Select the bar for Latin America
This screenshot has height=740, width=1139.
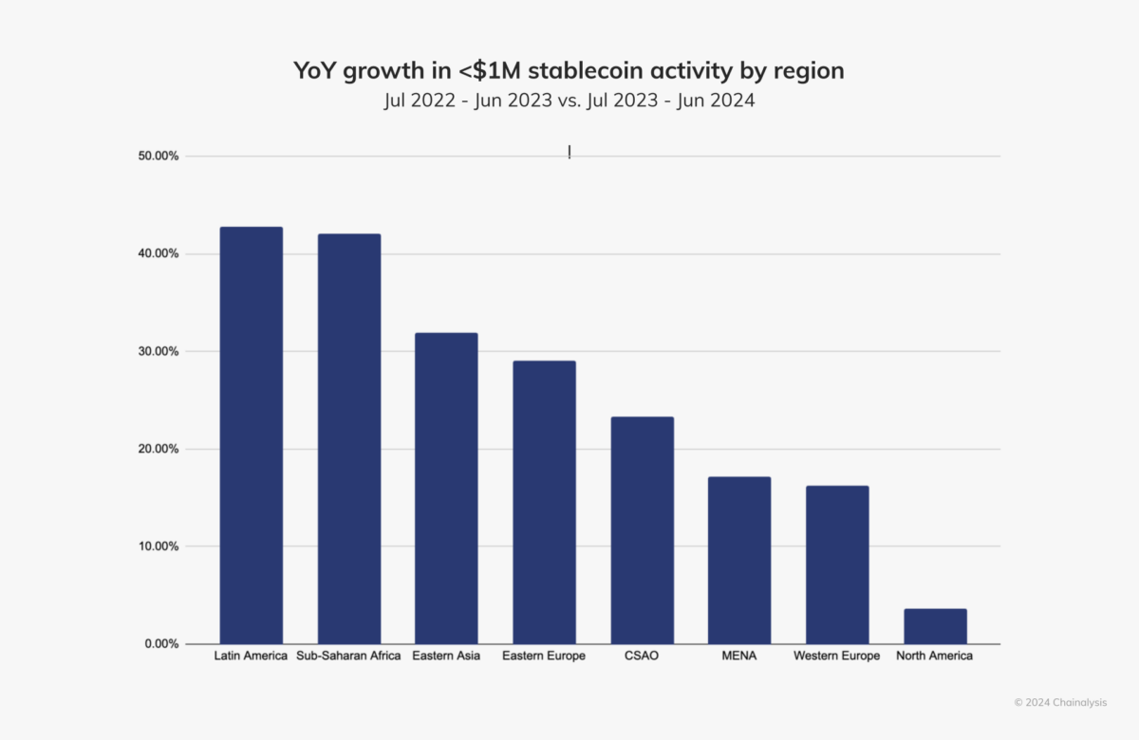(x=251, y=435)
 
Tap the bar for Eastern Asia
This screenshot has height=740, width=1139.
(x=446, y=488)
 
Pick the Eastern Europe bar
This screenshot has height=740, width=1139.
(x=544, y=502)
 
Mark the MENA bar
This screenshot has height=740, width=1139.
(x=739, y=560)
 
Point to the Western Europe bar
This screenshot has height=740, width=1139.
(x=837, y=564)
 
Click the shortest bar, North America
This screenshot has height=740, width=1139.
(x=935, y=626)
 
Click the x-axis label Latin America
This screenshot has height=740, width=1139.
(x=251, y=657)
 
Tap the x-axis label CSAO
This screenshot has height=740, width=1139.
(x=642, y=657)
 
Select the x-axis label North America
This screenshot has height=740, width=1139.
(x=935, y=657)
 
